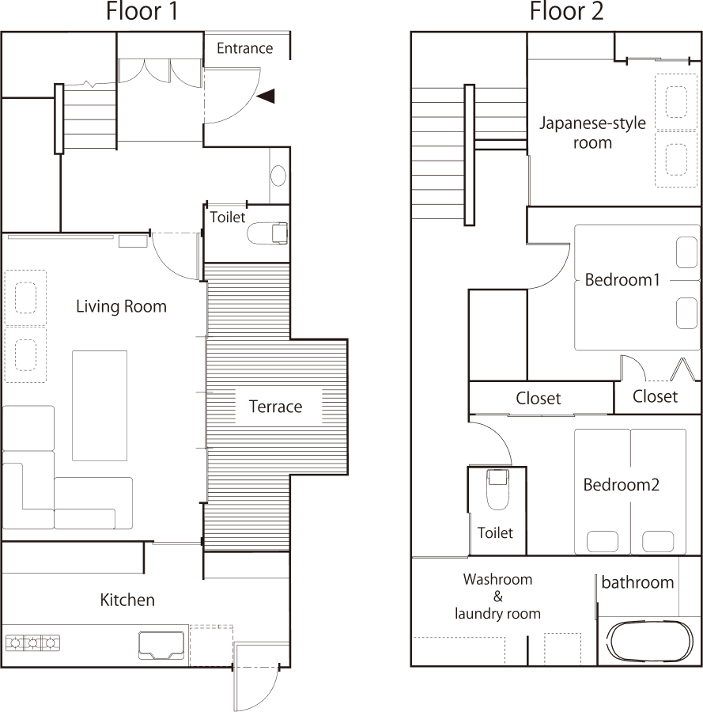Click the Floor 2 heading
[x=567, y=12]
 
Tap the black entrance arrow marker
[x=266, y=96]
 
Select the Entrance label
[x=244, y=48]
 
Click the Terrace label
[x=276, y=407]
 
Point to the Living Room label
[x=121, y=306]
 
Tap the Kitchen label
[x=127, y=600]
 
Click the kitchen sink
[x=161, y=644]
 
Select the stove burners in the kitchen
[x=32, y=643]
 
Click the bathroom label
[x=637, y=583]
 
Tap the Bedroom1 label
[x=622, y=279]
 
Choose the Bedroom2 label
[x=621, y=484]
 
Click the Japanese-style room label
[x=592, y=133]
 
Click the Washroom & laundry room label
[x=497, y=596]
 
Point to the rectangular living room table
[x=100, y=405]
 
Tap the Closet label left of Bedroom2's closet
[x=539, y=398]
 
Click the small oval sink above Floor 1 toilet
[x=278, y=175]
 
